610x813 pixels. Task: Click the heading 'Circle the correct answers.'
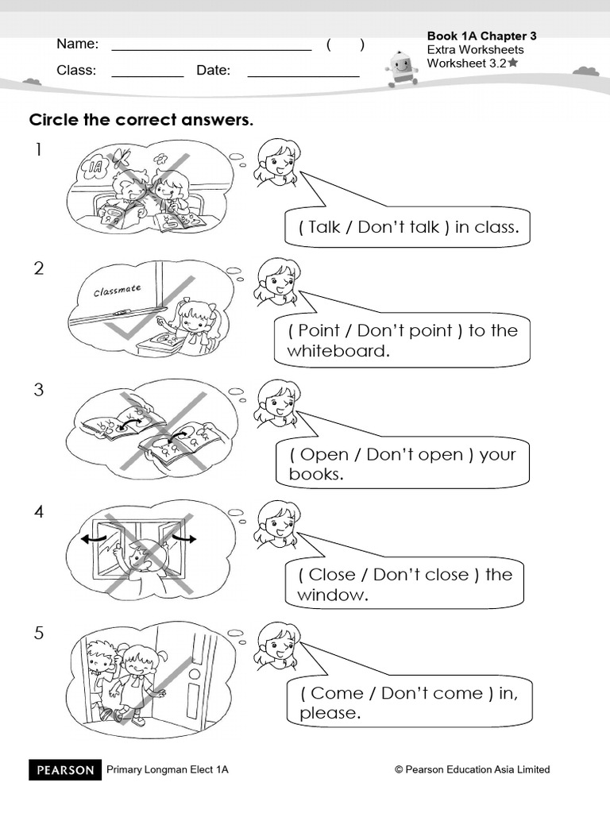point(141,120)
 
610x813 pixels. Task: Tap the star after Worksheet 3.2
point(513,63)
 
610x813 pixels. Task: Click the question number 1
point(38,149)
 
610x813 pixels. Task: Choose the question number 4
point(38,512)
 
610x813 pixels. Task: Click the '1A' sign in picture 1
point(97,167)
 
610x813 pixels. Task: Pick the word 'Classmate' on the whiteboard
point(118,291)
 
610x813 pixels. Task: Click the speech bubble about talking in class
point(408,227)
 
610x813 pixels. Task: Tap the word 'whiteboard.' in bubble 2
point(338,351)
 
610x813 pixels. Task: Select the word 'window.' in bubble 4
point(333,595)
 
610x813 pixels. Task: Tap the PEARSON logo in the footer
point(66,769)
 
